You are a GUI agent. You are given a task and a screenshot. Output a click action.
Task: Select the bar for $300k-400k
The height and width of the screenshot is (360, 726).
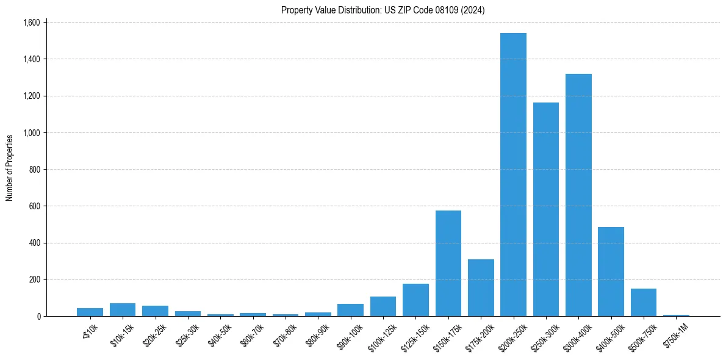[x=578, y=195]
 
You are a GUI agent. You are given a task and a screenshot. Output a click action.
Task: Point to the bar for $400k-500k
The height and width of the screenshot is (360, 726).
[x=611, y=272]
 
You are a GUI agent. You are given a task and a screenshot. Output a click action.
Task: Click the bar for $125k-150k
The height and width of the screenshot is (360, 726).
[x=415, y=300]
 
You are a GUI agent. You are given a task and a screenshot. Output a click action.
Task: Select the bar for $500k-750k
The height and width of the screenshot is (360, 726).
[x=643, y=303]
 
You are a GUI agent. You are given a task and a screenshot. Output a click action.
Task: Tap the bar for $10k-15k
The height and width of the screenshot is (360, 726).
[x=123, y=310]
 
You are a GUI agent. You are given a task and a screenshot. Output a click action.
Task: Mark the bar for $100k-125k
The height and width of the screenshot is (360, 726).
[x=383, y=306]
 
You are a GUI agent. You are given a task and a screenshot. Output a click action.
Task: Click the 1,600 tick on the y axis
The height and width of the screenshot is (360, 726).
[x=31, y=23]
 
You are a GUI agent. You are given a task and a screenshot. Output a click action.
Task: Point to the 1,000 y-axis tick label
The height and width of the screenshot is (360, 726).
[x=31, y=132]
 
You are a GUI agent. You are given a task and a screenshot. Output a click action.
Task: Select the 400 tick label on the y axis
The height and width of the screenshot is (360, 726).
[x=34, y=243]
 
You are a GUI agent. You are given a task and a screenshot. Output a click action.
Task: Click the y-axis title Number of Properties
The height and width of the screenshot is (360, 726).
[x=10, y=168]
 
